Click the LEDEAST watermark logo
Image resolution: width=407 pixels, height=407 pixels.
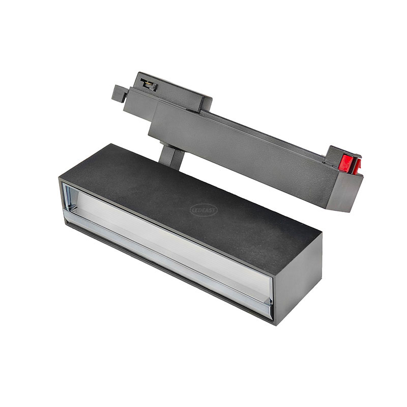[204, 211]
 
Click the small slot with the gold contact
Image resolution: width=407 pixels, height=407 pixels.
[149, 84]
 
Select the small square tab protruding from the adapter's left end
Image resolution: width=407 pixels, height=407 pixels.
[120, 93]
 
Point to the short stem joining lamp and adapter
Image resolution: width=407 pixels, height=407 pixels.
[172, 157]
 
